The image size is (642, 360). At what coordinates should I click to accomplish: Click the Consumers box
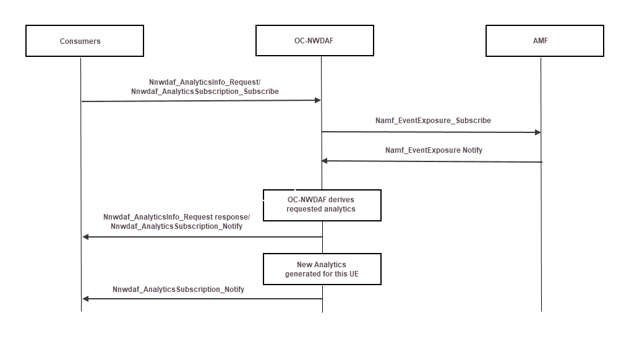coord(84,41)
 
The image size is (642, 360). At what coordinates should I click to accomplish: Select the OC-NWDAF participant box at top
coord(315,41)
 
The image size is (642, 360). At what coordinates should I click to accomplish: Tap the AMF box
coord(544,41)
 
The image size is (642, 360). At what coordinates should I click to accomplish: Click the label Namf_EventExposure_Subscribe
coord(433,121)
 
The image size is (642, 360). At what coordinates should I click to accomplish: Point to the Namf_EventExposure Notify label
coord(434,150)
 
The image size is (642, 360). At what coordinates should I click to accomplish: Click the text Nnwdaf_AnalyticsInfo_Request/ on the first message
coord(205,82)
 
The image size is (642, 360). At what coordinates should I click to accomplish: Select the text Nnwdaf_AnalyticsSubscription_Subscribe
coord(205,92)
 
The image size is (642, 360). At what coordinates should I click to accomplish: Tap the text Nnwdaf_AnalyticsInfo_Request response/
coord(176,217)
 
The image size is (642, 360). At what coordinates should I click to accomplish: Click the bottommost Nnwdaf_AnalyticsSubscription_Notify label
coord(178,289)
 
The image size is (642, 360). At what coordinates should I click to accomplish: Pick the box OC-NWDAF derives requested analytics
coord(322,205)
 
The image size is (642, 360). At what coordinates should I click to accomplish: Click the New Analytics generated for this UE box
coord(322,269)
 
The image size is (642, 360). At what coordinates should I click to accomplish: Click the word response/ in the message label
coord(232,217)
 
